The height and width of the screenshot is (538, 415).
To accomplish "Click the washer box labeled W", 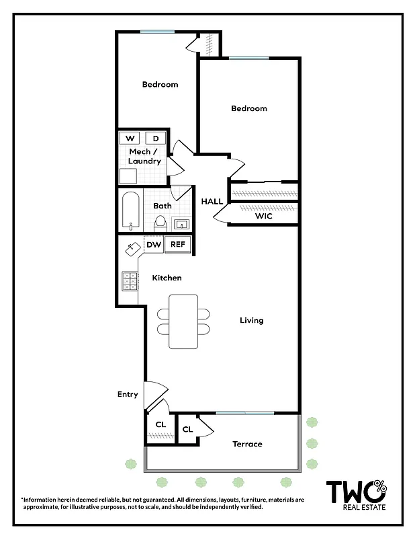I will pyautogui.click(x=130, y=138).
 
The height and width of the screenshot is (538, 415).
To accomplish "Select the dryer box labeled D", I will pyautogui.click(x=156, y=138).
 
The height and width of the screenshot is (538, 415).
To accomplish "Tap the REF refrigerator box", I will pyautogui.click(x=177, y=245).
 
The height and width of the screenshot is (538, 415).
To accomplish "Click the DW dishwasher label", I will pyautogui.click(x=154, y=245).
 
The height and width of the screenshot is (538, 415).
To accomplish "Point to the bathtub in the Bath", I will pyautogui.click(x=130, y=210).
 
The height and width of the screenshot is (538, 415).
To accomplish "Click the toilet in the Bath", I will pyautogui.click(x=160, y=221).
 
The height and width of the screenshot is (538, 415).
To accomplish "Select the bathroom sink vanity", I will pyautogui.click(x=181, y=224).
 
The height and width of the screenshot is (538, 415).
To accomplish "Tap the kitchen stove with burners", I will pyautogui.click(x=130, y=280).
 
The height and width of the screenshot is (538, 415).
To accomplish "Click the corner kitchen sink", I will pyautogui.click(x=132, y=249).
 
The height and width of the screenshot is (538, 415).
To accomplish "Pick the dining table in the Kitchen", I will pyautogui.click(x=183, y=321).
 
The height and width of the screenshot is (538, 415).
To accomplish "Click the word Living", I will pyautogui.click(x=252, y=320).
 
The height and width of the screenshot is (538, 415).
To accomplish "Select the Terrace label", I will pyautogui.click(x=247, y=444).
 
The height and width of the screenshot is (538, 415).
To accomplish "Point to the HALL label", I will pyautogui.click(x=212, y=201).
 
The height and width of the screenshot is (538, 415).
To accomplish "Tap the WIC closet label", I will pyautogui.click(x=263, y=217).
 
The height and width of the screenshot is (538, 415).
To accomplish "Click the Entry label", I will pyautogui.click(x=128, y=395).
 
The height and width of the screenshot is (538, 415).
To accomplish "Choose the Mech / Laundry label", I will pyautogui.click(x=145, y=157).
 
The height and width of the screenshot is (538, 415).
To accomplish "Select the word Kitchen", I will pyautogui.click(x=167, y=278).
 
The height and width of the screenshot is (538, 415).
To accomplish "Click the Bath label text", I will pyautogui.click(x=162, y=206).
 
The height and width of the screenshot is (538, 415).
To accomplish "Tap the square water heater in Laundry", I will pyautogui.click(x=128, y=176).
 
